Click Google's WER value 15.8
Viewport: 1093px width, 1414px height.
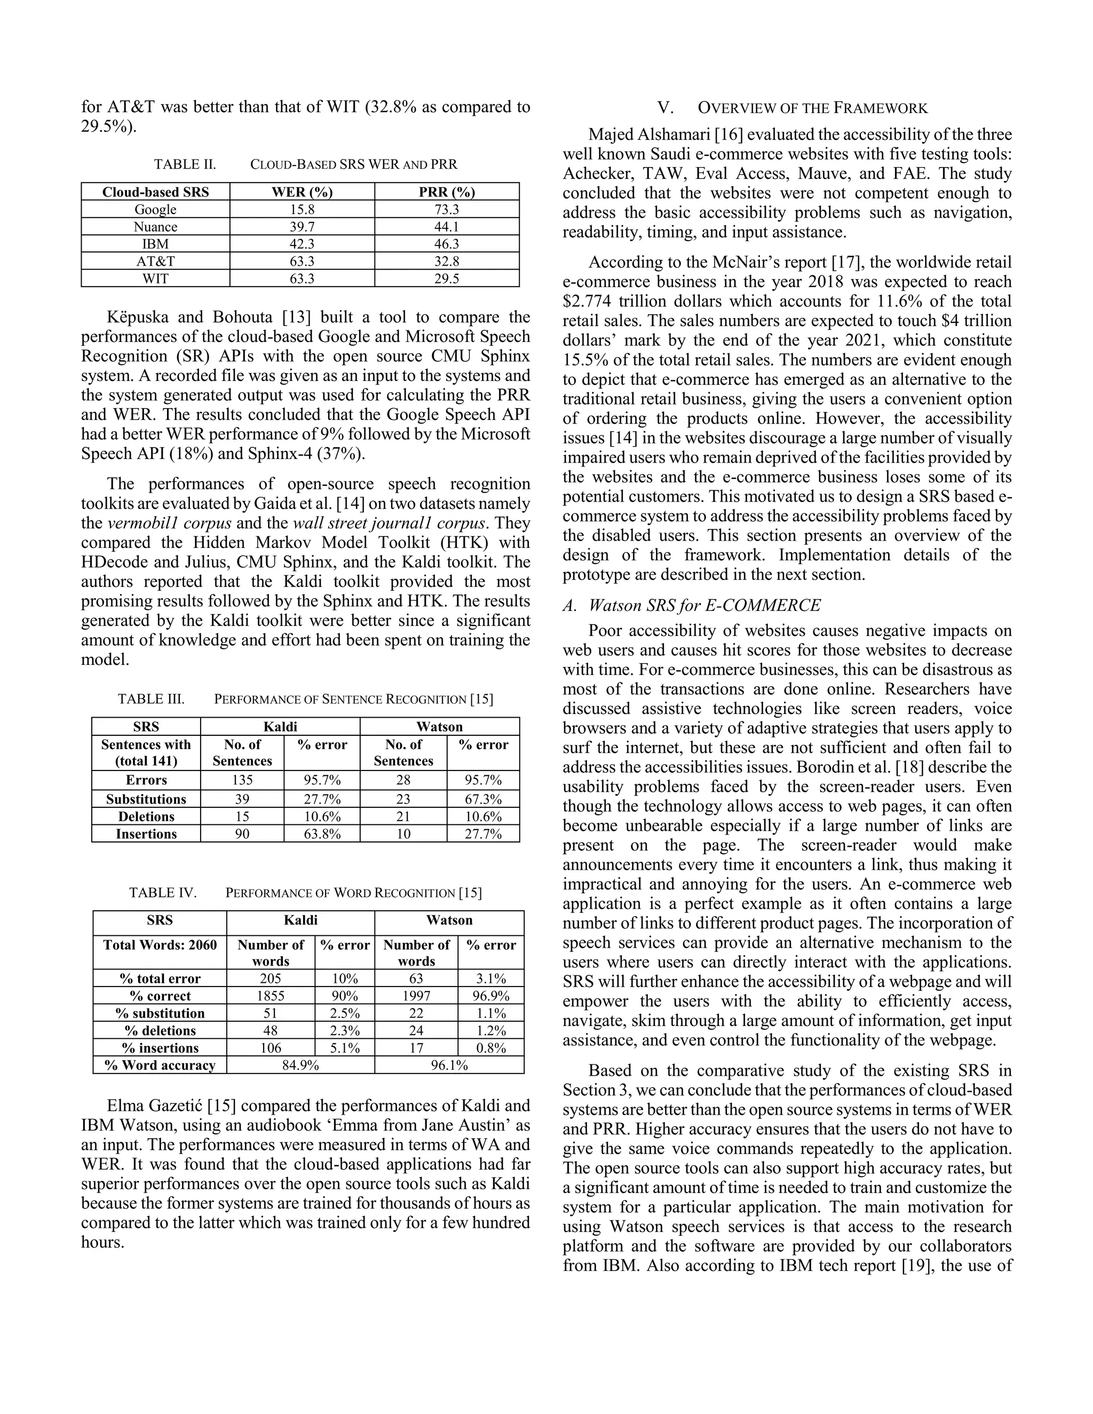point(302,209)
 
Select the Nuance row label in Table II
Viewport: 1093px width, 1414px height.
point(155,227)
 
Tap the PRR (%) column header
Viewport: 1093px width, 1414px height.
point(447,192)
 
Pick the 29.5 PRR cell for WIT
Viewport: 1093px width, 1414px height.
point(447,279)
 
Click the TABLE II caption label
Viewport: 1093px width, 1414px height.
point(185,164)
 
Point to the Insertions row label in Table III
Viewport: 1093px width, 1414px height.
point(146,834)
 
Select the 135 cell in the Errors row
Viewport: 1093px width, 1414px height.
point(242,780)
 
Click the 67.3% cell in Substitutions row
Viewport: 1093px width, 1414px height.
point(483,799)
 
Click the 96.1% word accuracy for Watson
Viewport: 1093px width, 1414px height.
point(449,1065)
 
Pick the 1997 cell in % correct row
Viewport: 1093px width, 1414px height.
point(416,996)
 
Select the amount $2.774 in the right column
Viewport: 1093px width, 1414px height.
point(588,301)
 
